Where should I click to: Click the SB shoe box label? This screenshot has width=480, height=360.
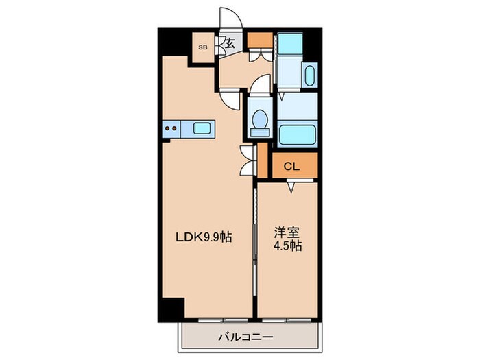202,47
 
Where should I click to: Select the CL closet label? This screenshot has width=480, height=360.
291,166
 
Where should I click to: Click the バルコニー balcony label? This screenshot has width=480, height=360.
245,337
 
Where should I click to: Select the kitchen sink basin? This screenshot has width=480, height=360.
202,128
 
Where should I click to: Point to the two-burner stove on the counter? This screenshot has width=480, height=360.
171,128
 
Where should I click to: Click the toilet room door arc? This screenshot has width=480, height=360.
259,86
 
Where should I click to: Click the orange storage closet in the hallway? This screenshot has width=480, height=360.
259,39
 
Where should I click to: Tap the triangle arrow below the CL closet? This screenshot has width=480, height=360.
291,186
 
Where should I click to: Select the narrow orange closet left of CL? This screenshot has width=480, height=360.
261,161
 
